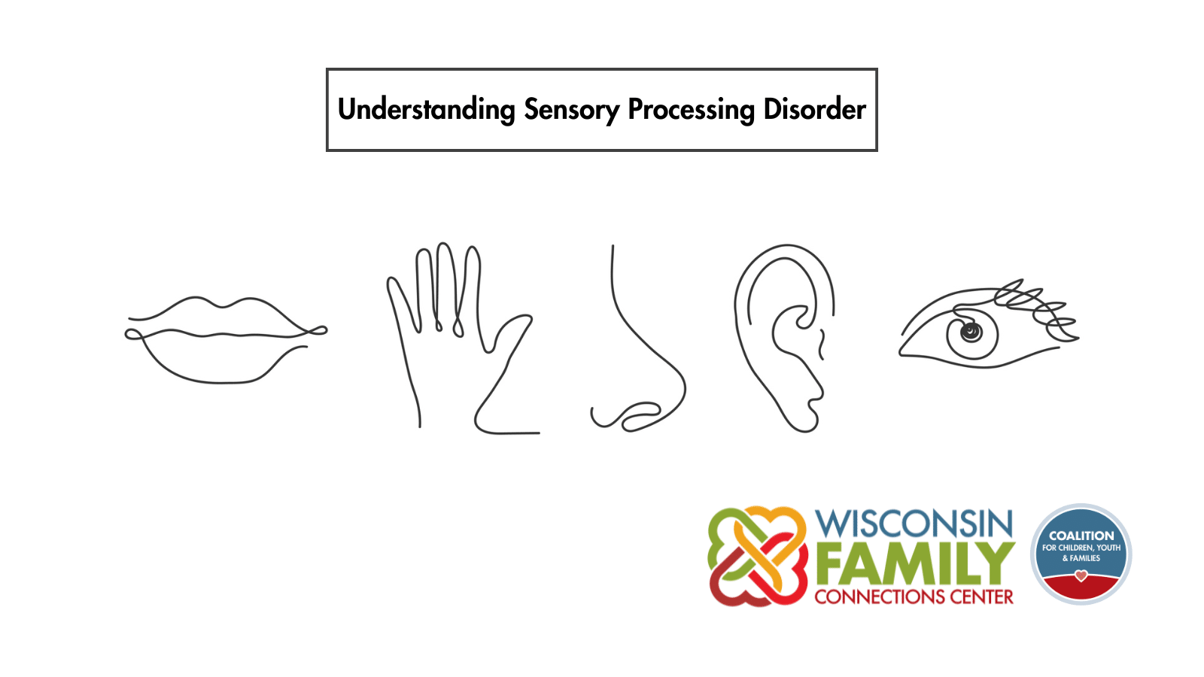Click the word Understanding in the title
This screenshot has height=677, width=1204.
click(426, 110)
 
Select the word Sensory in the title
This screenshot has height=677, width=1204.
click(571, 110)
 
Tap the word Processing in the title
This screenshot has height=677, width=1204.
click(692, 110)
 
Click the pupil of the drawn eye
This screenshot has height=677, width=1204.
click(971, 332)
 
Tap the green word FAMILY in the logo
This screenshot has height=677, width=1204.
click(915, 563)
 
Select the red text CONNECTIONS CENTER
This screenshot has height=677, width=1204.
click(914, 597)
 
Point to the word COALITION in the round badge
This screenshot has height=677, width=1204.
click(1081, 536)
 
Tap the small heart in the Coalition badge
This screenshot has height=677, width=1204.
click(1081, 576)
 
